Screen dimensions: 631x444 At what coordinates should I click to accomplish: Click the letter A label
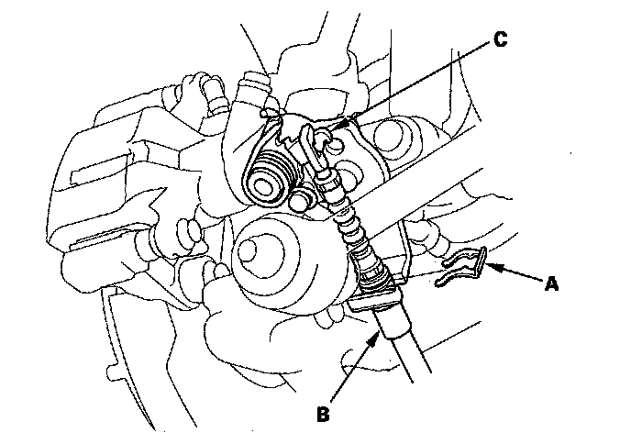551,284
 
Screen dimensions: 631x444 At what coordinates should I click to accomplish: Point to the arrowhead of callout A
487,267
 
